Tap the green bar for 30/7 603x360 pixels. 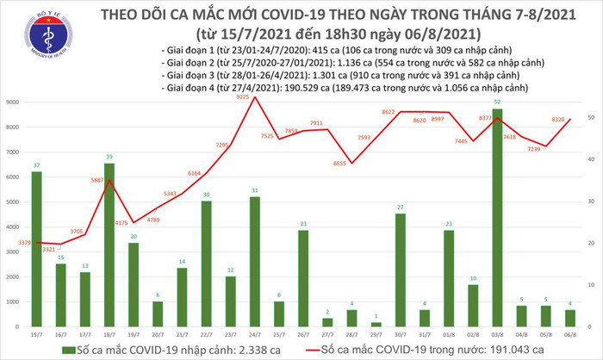pyautogui.click(x=401, y=268)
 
